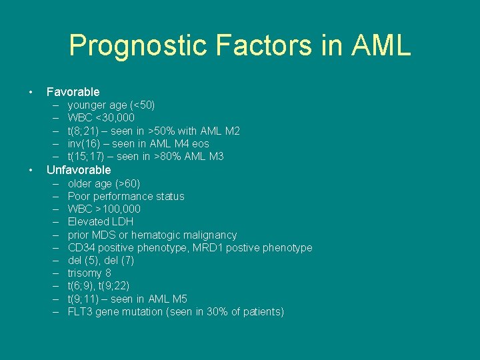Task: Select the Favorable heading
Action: [x=73, y=92]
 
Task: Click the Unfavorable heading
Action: [x=79, y=170]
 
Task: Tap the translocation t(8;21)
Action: [x=85, y=131]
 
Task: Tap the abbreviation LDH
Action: [x=122, y=221]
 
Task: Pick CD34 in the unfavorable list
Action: [x=81, y=247]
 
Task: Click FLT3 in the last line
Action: [x=80, y=312]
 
